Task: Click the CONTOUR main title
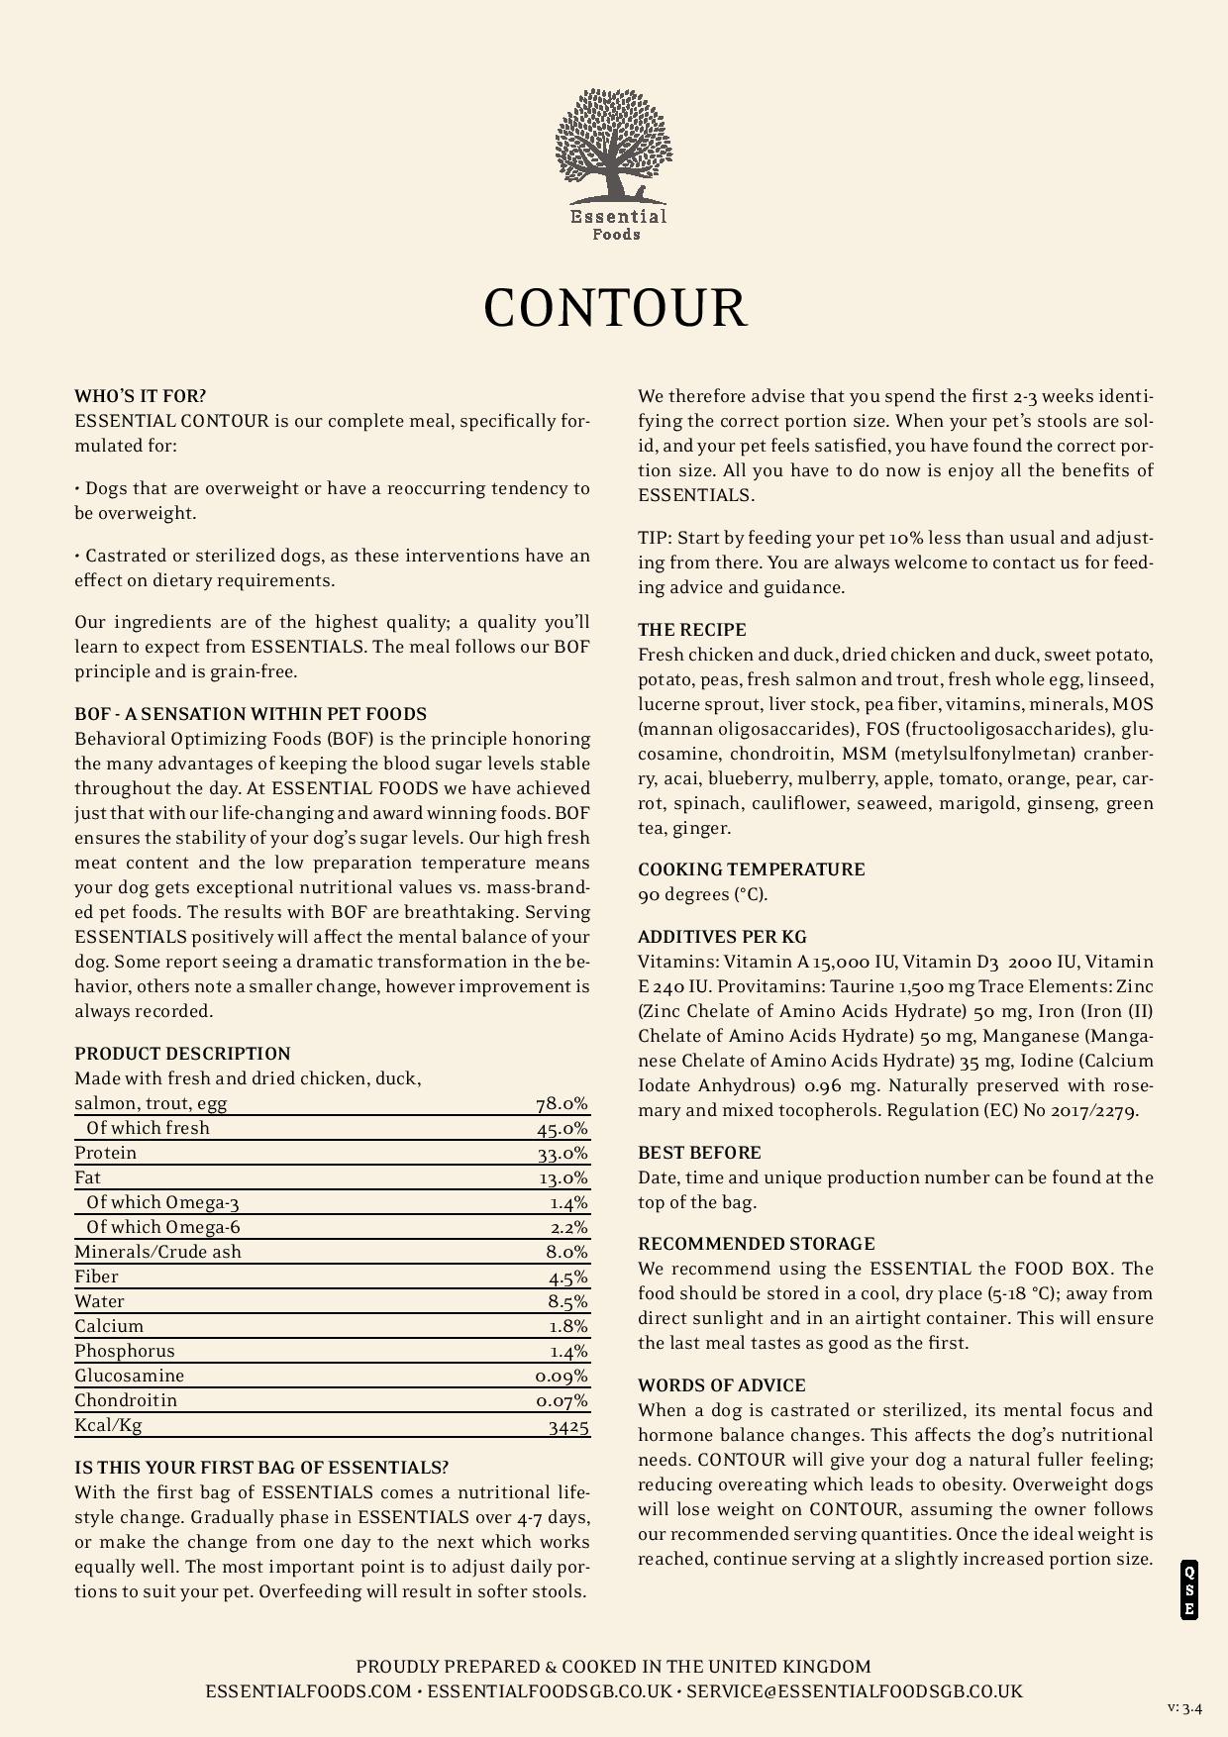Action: click(614, 307)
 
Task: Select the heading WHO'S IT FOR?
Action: click(140, 396)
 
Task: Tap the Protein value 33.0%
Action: click(562, 1153)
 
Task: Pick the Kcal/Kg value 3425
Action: click(568, 1426)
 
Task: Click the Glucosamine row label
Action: click(129, 1376)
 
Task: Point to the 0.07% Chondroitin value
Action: click(562, 1400)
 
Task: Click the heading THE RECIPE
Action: click(691, 630)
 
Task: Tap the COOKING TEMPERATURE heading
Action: click(751, 869)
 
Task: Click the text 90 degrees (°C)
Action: click(702, 894)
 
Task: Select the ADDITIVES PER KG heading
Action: click(722, 937)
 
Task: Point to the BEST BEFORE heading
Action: click(699, 1153)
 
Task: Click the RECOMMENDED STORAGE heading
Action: click(756, 1244)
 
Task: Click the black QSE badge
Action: click(1188, 1590)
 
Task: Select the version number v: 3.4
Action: click(1184, 1707)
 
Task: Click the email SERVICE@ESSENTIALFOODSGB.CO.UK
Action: click(854, 1691)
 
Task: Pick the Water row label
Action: click(99, 1301)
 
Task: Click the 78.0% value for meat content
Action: click(562, 1103)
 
